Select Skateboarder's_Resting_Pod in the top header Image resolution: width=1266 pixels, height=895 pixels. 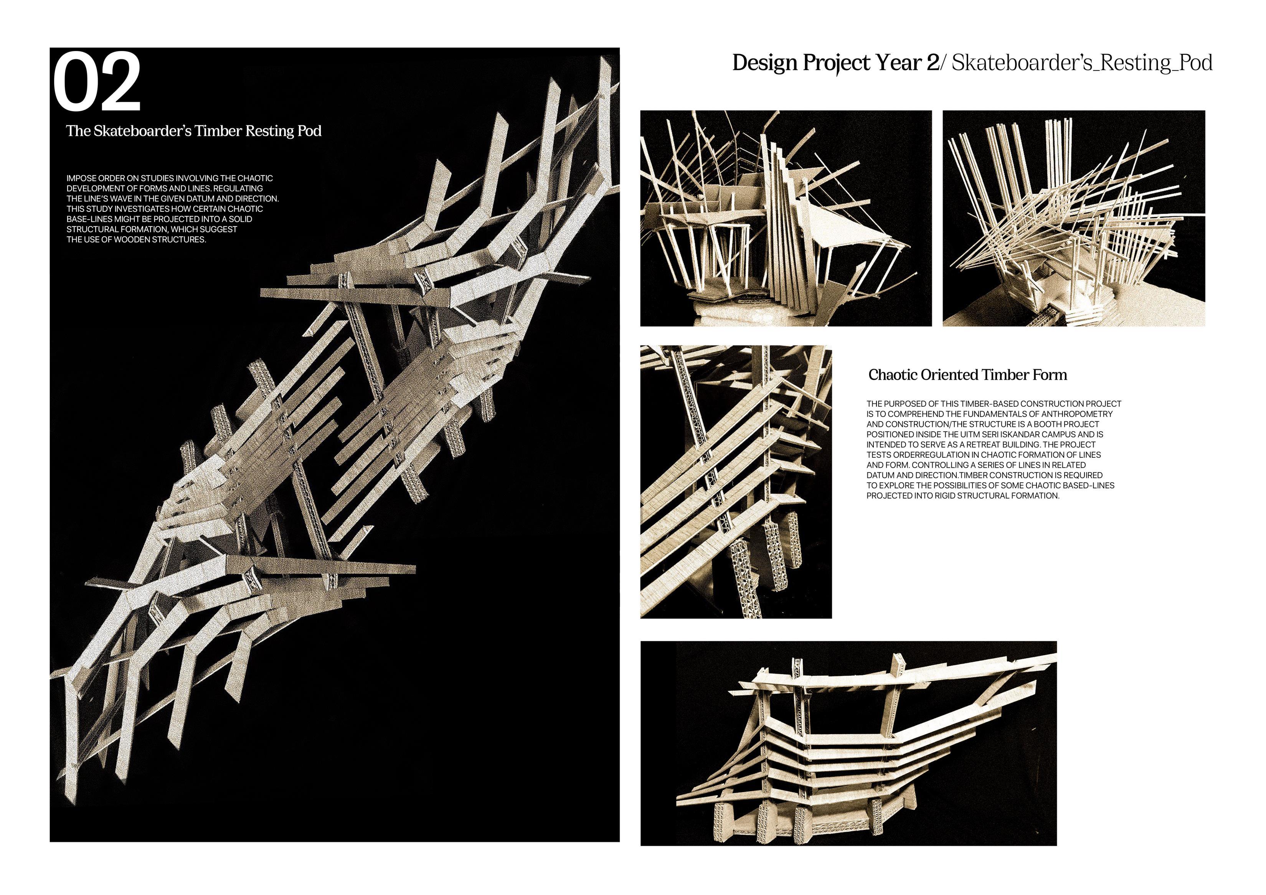(x=1081, y=63)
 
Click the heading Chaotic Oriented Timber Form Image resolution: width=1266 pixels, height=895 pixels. (x=967, y=375)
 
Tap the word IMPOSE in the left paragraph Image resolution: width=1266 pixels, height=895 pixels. (x=81, y=178)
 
